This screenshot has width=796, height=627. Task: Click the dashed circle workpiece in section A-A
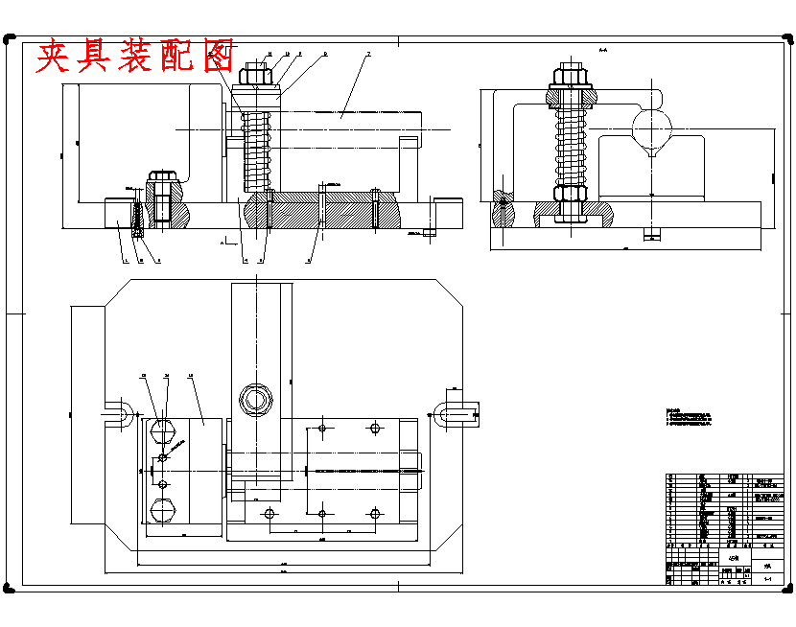coord(652,124)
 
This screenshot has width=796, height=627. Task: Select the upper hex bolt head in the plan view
coord(162,429)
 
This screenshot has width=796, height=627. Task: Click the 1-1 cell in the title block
coord(768,579)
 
